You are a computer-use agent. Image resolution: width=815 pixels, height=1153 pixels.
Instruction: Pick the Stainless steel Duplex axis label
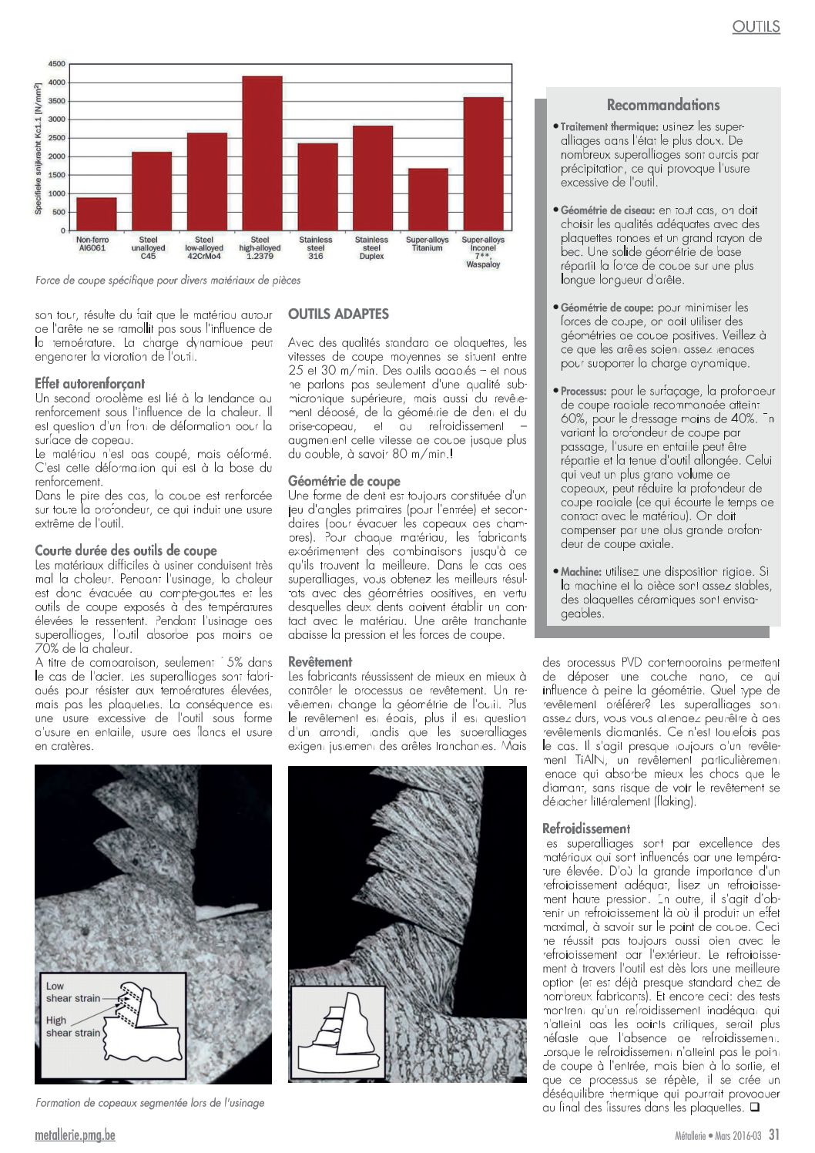coord(371,248)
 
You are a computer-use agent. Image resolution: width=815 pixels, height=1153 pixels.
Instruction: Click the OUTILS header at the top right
coord(756,26)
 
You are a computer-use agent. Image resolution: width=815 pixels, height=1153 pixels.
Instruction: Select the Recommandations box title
coord(662,105)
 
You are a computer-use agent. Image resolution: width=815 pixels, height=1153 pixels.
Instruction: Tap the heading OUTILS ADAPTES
coord(338,314)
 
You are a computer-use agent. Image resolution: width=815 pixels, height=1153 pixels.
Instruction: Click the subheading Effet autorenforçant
coord(89,383)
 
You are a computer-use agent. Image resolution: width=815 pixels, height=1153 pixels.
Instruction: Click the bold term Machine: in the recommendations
coord(581,572)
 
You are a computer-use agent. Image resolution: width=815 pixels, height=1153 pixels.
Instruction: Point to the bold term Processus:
coord(584,392)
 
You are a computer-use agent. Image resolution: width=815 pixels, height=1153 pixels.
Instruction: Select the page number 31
coord(774,1135)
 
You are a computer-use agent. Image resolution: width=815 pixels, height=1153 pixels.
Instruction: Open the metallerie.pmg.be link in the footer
coord(75,1135)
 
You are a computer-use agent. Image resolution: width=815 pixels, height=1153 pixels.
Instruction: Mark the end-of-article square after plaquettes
coord(754,1108)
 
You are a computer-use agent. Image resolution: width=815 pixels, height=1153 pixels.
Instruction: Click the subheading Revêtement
coord(320,661)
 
